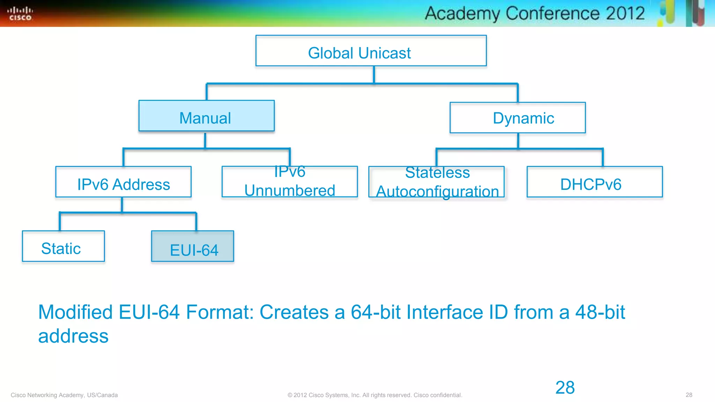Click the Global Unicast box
click(371, 51)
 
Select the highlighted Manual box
click(206, 116)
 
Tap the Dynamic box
click(517, 118)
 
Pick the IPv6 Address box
click(123, 182)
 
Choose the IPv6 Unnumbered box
click(289, 182)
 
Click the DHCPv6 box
click(594, 182)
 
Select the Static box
click(63, 246)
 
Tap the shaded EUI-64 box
click(192, 246)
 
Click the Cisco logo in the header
click(20, 14)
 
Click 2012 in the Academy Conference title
click(625, 13)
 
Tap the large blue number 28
click(565, 387)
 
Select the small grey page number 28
click(689, 395)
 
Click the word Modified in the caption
click(75, 312)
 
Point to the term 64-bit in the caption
click(375, 312)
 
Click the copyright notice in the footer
click(375, 395)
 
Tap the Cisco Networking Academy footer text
click(64, 395)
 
